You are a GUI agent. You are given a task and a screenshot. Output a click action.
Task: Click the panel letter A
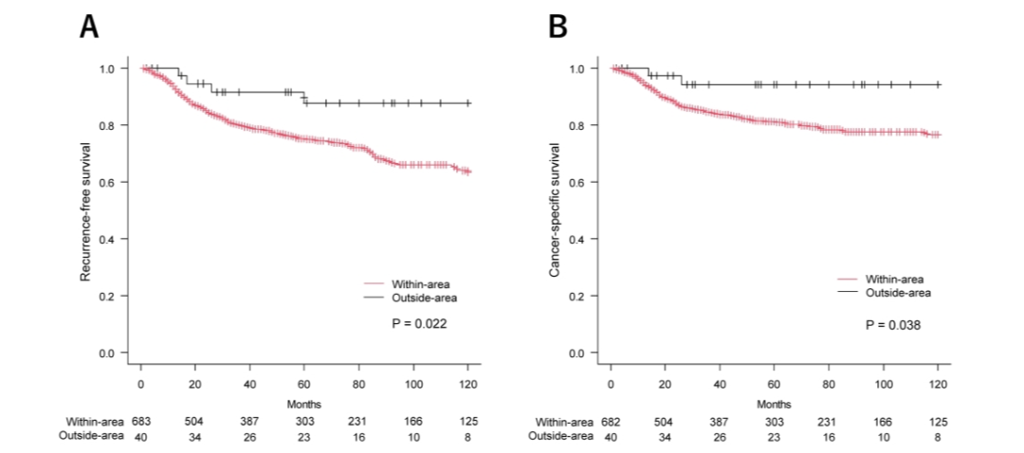[x=89, y=28]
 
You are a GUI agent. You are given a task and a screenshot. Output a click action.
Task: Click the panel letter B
[x=558, y=28]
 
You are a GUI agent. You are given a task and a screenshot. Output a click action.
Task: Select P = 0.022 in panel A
[x=420, y=324]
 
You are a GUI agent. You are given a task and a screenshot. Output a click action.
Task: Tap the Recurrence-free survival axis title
[x=85, y=211]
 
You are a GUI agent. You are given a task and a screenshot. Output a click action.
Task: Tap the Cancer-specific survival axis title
[x=556, y=211]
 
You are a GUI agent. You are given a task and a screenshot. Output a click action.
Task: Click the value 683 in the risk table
[x=141, y=421]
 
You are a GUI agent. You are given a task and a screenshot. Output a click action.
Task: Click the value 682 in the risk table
[x=612, y=421]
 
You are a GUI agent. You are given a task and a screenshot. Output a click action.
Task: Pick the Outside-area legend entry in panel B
[x=898, y=293]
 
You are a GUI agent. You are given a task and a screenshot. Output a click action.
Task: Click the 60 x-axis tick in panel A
[x=304, y=384]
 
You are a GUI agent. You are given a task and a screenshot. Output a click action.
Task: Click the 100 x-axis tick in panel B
[x=884, y=384]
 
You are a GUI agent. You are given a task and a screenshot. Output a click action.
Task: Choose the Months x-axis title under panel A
[x=304, y=404]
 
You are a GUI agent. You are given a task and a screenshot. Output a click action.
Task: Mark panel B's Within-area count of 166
[x=884, y=421]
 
